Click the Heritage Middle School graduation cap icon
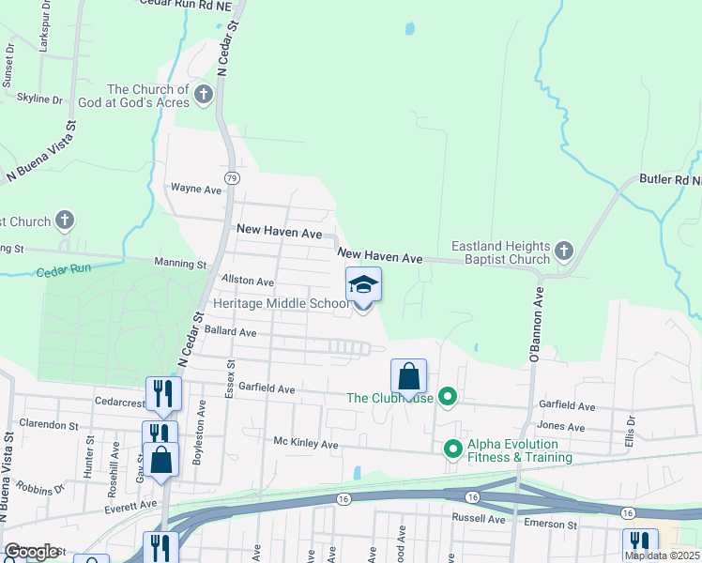363,284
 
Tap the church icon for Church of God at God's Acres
204,93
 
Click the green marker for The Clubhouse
448,397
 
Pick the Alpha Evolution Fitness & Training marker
453,449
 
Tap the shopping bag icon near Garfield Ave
409,377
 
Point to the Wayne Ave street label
195,190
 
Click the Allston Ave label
247,281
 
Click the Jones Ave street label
563,426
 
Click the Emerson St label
552,525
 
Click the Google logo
32,552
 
